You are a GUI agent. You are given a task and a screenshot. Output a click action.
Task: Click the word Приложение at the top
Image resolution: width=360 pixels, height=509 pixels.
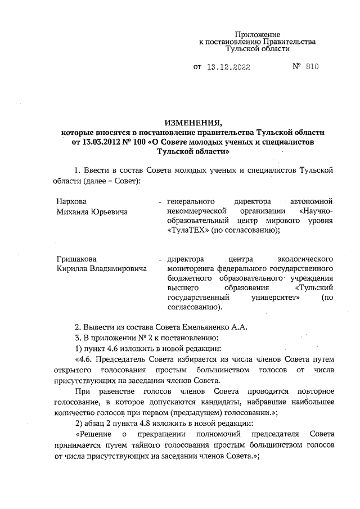tap(257, 34)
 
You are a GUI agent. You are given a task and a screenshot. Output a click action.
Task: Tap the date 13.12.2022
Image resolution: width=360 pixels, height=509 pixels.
tap(228, 67)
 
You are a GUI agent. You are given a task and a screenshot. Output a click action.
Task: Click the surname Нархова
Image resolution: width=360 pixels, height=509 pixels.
tap(71, 201)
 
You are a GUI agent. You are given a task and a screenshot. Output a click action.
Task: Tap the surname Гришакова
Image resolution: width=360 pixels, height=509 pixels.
tap(76, 259)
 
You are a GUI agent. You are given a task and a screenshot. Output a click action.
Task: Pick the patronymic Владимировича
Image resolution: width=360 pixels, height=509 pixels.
tap(118, 269)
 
